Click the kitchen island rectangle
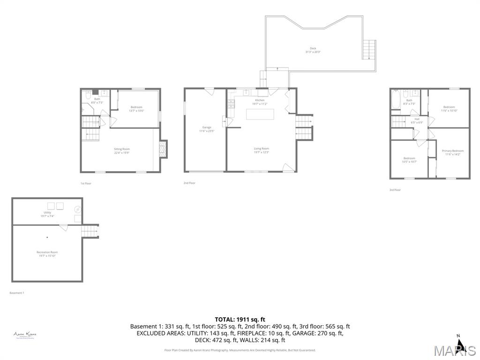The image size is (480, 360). coord(260,114)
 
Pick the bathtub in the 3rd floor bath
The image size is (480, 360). coord(396,100)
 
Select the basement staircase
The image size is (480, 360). coord(90,231)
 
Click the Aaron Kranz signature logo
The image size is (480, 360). coord(25,335)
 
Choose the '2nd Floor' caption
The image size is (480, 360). coord(189,183)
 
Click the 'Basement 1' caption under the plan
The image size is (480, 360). coord(17,293)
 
